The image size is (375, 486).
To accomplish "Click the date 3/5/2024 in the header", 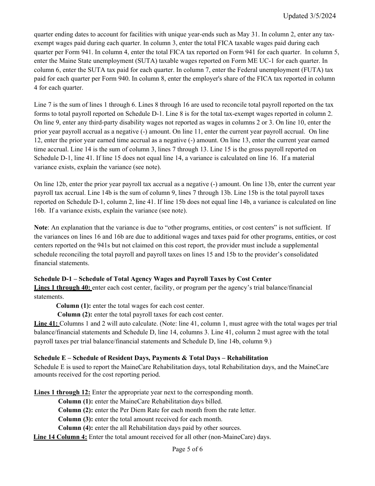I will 322,16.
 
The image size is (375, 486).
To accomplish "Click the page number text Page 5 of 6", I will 187,449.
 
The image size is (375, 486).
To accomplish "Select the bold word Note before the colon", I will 41,228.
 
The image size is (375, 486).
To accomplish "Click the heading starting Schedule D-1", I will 152,279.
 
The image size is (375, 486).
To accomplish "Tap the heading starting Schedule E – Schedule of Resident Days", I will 151,358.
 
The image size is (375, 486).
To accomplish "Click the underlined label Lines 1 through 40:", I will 63,288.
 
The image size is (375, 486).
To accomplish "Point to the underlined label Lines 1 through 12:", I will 62,392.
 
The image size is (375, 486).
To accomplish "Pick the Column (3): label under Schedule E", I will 75,419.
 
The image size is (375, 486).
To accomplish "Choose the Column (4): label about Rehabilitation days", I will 75,428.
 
